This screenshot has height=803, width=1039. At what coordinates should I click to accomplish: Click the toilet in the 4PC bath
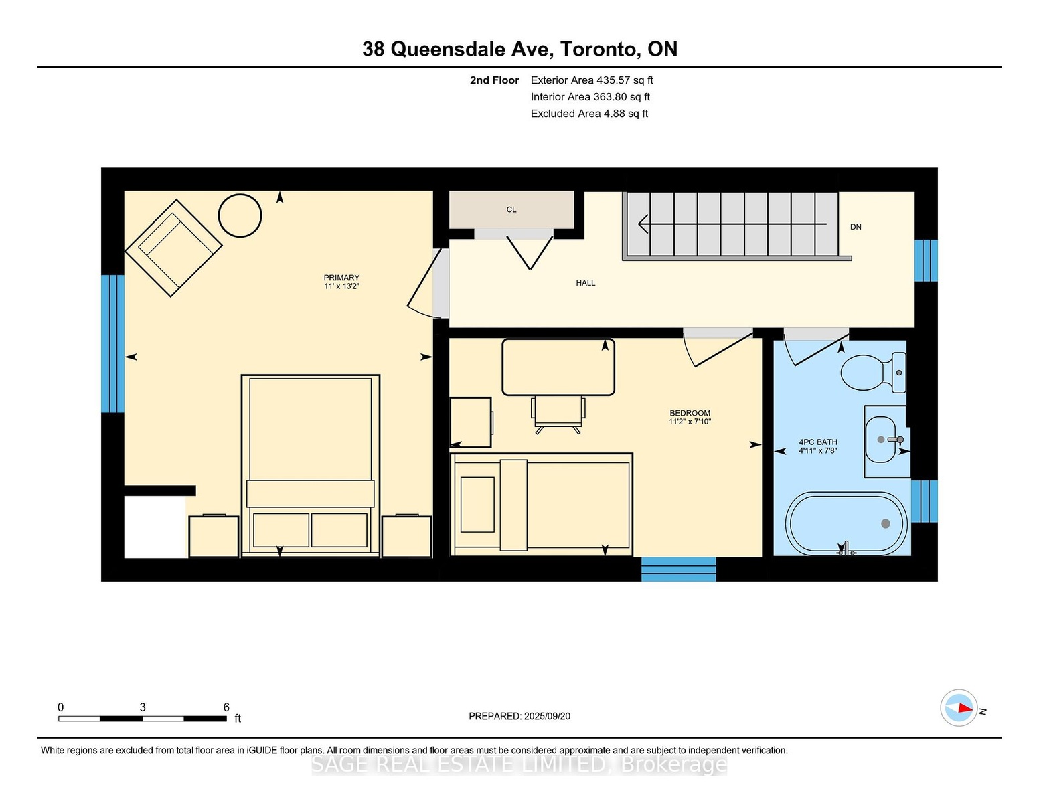pyautogui.click(x=873, y=373)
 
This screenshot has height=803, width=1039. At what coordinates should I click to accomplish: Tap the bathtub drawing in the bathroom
pyautogui.click(x=846, y=523)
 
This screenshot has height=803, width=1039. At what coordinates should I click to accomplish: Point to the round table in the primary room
pyautogui.click(x=240, y=215)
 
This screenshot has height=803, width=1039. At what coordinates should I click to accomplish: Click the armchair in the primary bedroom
pyautogui.click(x=173, y=248)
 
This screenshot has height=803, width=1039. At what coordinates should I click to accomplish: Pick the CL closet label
pyautogui.click(x=511, y=209)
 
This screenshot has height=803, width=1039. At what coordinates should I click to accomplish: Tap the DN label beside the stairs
pyautogui.click(x=856, y=227)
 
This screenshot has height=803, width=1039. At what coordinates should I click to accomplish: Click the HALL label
pyautogui.click(x=585, y=283)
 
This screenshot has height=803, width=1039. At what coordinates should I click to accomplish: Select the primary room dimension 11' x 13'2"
pyautogui.click(x=341, y=286)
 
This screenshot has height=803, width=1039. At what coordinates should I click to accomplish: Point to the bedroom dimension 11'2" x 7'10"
pyautogui.click(x=690, y=422)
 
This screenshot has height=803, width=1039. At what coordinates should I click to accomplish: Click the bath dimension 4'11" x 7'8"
pyautogui.click(x=818, y=450)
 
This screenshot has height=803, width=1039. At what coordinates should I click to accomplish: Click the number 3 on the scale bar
pyautogui.click(x=143, y=707)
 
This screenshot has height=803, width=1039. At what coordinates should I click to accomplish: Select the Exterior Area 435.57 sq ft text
pyautogui.click(x=592, y=80)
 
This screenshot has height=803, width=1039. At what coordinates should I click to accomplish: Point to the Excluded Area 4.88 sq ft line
pyautogui.click(x=590, y=114)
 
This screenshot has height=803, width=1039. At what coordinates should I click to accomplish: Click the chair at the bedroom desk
pyautogui.click(x=558, y=415)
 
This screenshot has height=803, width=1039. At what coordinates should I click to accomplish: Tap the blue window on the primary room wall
pyautogui.click(x=113, y=343)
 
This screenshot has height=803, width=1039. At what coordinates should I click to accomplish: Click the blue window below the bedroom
pyautogui.click(x=678, y=568)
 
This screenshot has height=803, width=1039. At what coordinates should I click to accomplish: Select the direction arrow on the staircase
pyautogui.click(x=732, y=224)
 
